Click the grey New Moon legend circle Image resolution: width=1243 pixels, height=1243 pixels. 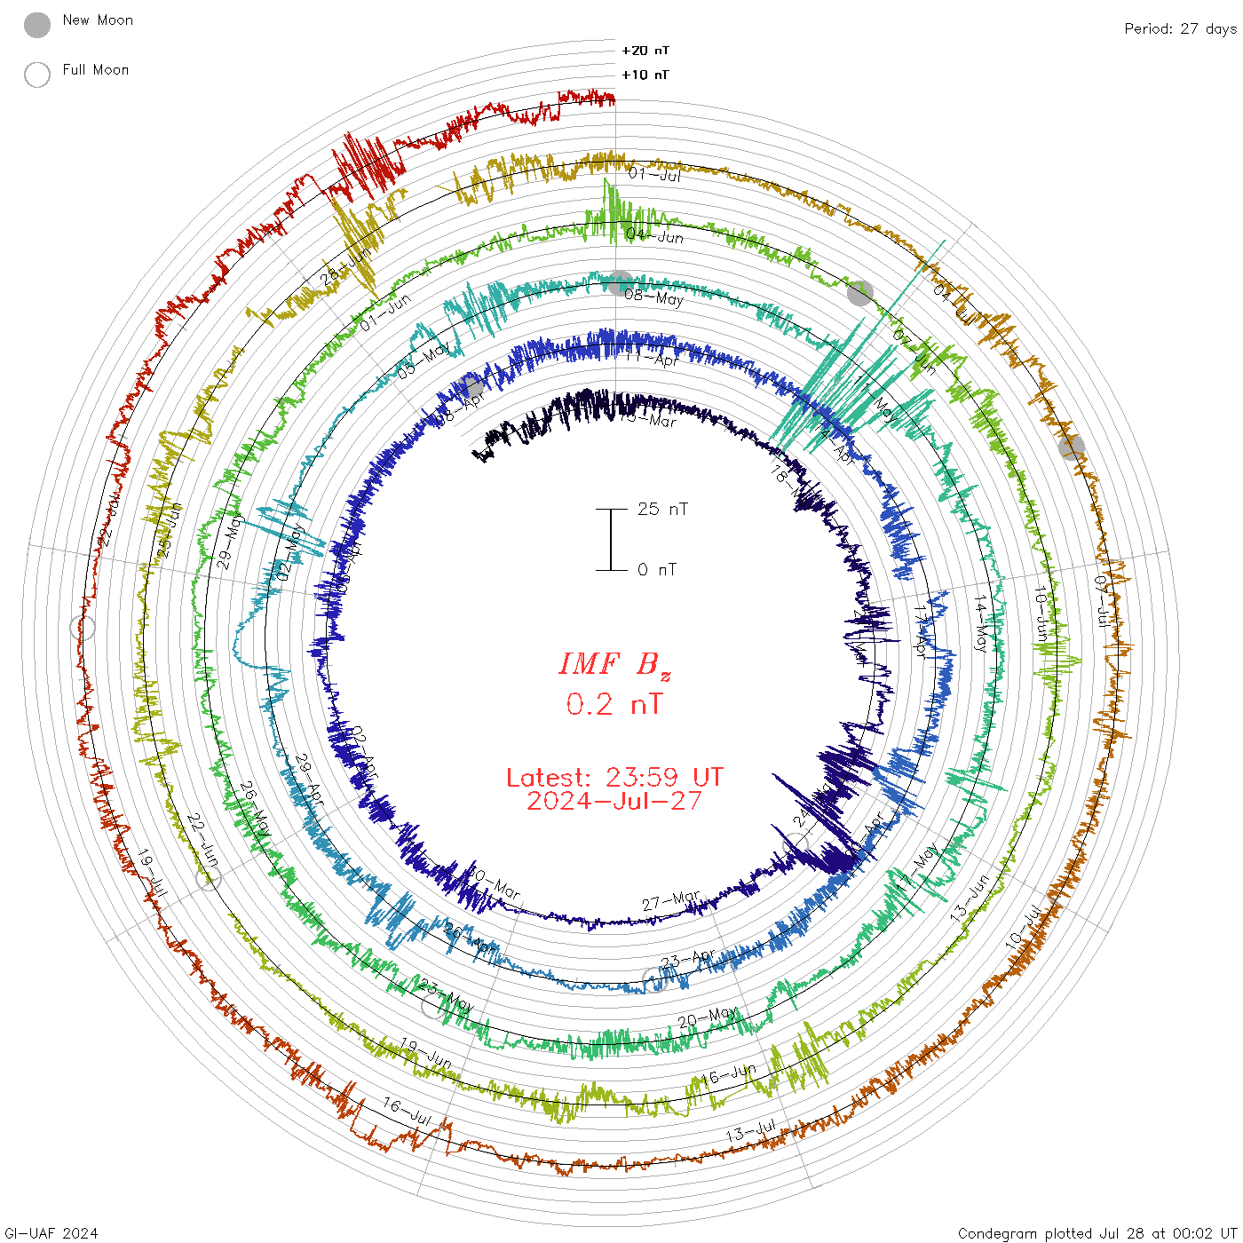pyautogui.click(x=37, y=25)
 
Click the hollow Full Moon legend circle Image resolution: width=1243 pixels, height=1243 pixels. pyautogui.click(x=37, y=75)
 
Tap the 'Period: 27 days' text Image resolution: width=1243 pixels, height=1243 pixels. pyautogui.click(x=1180, y=28)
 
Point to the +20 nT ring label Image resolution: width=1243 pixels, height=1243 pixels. pyautogui.click(x=645, y=51)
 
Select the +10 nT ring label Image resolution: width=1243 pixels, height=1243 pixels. pyautogui.click(x=645, y=75)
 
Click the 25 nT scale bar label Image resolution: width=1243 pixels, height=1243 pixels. pyautogui.click(x=662, y=509)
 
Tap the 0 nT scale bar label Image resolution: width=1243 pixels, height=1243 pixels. pyautogui.click(x=657, y=569)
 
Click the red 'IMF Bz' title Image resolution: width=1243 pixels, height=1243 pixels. pyautogui.click(x=614, y=664)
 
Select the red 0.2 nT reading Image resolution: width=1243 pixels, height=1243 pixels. pyautogui.click(x=614, y=704)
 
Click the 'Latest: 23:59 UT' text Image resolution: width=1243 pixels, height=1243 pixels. pyautogui.click(x=614, y=778)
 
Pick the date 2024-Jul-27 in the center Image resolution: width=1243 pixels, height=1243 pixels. pyautogui.click(x=614, y=801)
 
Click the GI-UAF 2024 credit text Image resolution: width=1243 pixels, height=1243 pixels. pyautogui.click(x=50, y=1232)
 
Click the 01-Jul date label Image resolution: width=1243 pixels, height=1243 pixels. pyautogui.click(x=655, y=174)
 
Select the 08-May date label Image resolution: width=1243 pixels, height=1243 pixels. pyautogui.click(x=654, y=297)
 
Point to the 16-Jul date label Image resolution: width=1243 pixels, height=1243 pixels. pyautogui.click(x=407, y=1112)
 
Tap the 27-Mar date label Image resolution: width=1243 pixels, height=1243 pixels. pyautogui.click(x=671, y=901)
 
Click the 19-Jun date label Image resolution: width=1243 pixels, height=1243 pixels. pyautogui.click(x=426, y=1053)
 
